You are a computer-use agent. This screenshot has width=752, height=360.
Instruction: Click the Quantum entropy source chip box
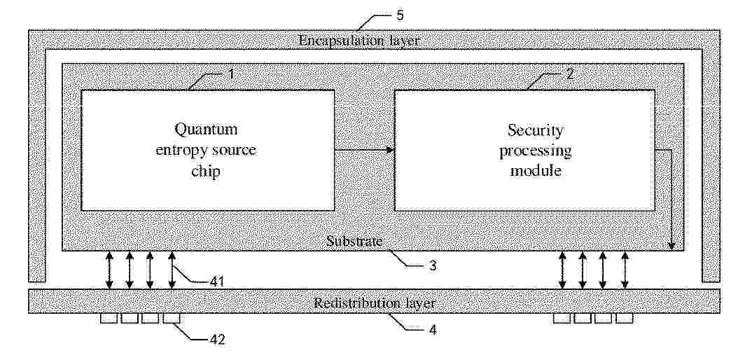(207, 150)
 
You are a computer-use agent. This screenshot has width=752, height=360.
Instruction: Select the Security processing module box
(524, 150)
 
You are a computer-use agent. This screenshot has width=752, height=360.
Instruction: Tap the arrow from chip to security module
(364, 151)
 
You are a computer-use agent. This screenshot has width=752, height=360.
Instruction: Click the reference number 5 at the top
(400, 15)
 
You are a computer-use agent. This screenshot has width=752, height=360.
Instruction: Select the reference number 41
(217, 281)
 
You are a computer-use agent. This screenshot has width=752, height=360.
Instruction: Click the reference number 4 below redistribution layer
(433, 331)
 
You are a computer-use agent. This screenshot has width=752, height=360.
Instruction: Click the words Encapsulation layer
(358, 41)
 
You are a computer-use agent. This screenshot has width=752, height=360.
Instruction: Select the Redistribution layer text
(375, 303)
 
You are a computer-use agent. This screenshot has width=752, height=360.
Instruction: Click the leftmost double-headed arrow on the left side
(110, 270)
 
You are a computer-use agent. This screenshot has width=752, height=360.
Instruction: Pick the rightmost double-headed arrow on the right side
(625, 270)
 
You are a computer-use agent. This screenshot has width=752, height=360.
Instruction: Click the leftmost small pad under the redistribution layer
(109, 318)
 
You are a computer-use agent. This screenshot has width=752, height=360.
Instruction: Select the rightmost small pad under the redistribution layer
(625, 318)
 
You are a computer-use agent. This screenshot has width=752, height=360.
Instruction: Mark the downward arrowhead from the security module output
(671, 247)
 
